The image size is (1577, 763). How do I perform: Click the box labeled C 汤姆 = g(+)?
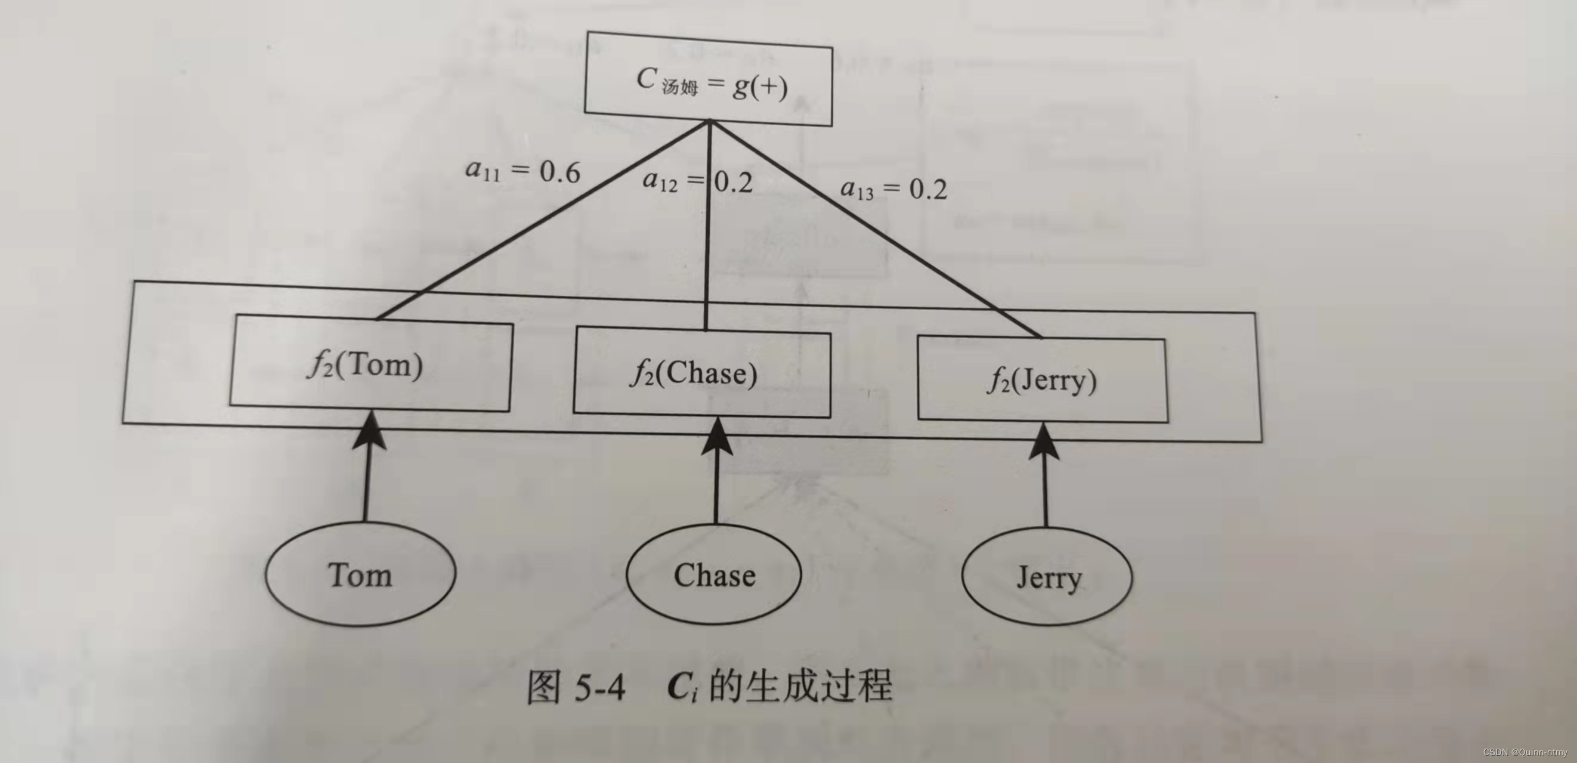tap(709, 79)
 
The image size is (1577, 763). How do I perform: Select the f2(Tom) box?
tap(370, 364)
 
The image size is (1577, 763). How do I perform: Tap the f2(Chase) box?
tap(701, 373)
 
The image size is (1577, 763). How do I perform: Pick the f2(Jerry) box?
tap(1042, 380)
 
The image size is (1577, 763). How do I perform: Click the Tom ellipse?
tap(360, 574)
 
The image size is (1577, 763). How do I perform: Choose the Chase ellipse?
tap(714, 575)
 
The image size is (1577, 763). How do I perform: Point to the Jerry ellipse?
tap(1047, 577)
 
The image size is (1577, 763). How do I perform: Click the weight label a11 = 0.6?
tap(522, 171)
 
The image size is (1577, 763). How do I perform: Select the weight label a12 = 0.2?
tap(697, 181)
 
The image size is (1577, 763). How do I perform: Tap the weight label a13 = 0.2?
tap(893, 189)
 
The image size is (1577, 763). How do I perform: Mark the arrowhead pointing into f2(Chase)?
tap(717, 437)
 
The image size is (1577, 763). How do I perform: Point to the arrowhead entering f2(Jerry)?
tap(1044, 441)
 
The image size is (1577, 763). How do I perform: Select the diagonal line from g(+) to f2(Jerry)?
tap(876, 230)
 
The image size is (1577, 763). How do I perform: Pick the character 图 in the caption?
tap(543, 687)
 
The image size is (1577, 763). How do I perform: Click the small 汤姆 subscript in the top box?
tap(679, 88)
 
